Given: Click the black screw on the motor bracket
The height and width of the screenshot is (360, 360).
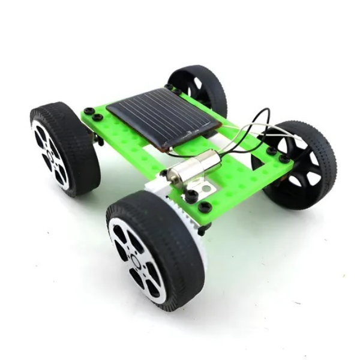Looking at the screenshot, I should coord(192,195).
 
